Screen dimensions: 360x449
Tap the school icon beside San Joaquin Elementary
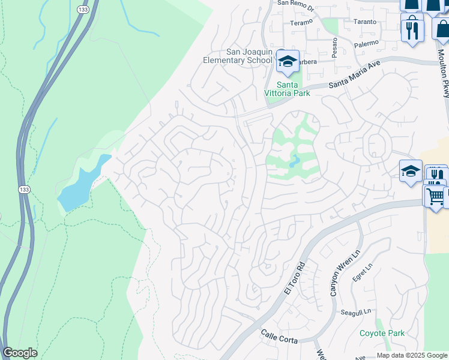[288, 61]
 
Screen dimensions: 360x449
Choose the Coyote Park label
[382, 333]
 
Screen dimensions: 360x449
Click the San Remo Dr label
[295, 3]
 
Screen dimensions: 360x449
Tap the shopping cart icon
[435, 196]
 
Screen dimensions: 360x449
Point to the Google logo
[20, 353]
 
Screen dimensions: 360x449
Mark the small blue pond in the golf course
[294, 161]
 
